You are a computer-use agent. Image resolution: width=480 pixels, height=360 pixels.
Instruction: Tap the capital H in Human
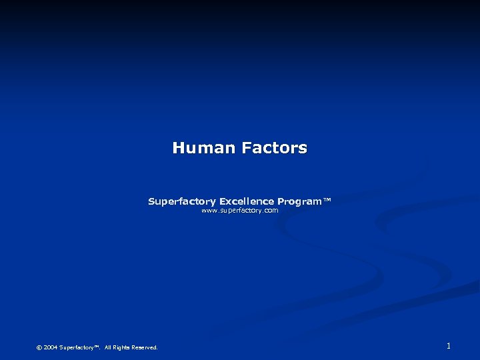[x=178, y=148]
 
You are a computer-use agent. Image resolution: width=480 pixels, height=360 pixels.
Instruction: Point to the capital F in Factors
[x=246, y=148]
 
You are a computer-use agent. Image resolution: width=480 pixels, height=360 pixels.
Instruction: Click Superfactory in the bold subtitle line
[x=182, y=201]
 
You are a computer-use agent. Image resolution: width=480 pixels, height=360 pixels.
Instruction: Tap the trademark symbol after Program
[x=327, y=200]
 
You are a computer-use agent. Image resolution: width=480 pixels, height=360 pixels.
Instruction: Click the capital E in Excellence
[x=223, y=201]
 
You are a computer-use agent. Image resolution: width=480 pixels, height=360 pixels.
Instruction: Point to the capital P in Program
[x=281, y=201]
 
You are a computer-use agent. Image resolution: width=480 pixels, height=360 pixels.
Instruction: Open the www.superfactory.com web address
[x=240, y=211]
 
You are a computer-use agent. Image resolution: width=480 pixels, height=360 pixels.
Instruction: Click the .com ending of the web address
[x=270, y=211]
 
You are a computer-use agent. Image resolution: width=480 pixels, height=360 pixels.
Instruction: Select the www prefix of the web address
[x=209, y=211]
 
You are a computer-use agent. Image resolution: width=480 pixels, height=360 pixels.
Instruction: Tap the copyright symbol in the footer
[x=39, y=347]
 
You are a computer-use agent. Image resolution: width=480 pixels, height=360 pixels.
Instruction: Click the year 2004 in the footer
[x=50, y=347]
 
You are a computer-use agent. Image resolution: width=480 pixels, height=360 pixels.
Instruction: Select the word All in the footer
[x=108, y=347]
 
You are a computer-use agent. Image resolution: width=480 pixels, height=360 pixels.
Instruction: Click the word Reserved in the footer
[x=145, y=347]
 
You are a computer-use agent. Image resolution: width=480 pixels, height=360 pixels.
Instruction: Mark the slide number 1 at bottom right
[x=449, y=346]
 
